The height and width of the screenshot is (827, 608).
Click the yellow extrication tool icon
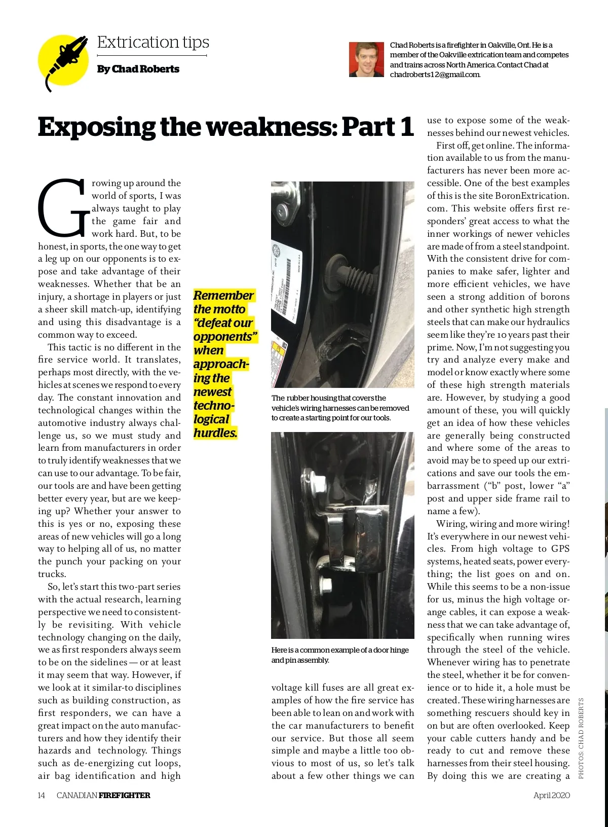pos(63,60)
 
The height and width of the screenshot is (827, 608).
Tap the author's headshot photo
pos(366,59)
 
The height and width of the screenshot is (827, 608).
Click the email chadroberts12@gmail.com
pos(434,75)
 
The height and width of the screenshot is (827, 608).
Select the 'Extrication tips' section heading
pos(153,42)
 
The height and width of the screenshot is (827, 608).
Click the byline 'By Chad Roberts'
pos(138,69)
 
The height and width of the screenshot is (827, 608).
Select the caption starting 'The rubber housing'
pos(340,408)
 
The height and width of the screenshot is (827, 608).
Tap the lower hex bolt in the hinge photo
pos(326,587)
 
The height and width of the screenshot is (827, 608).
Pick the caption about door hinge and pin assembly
pos(339,655)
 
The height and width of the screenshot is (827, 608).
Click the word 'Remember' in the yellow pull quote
pos(223,296)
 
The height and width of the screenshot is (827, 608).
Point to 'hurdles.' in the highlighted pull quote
pos(215,433)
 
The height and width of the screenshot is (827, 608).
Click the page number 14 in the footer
pos(42,795)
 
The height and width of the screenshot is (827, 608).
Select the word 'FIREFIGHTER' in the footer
pos(124,795)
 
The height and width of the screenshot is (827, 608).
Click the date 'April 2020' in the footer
pos(551,795)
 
